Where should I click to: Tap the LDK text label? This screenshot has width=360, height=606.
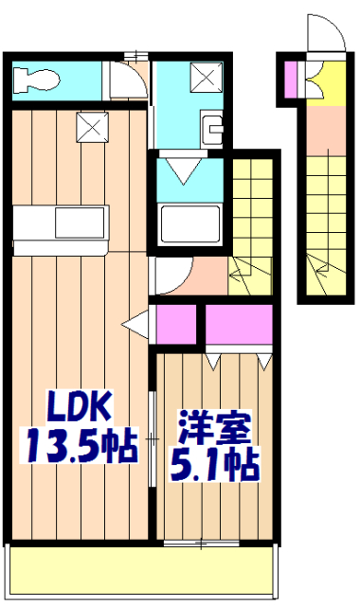(81, 410)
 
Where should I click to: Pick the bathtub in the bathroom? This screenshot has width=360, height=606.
(189, 224)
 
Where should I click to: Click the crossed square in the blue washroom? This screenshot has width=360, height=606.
(204, 74)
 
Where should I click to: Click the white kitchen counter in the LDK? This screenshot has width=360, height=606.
(63, 225)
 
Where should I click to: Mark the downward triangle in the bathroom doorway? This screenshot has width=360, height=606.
(189, 172)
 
